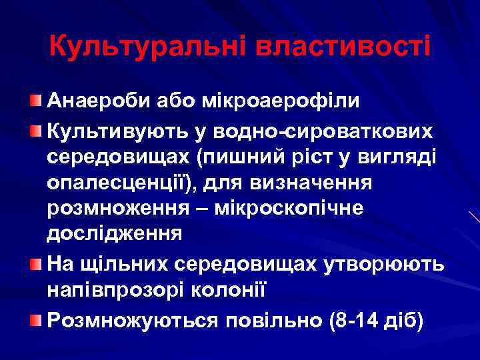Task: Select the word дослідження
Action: click(x=114, y=234)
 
